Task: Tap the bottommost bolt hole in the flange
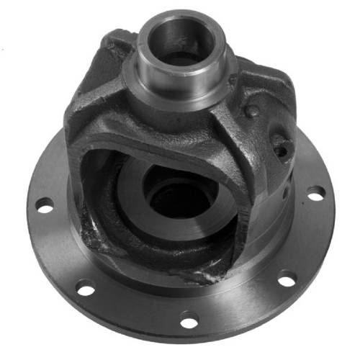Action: [191, 316]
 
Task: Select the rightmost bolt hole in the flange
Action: [315, 192]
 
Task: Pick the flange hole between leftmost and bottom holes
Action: [86, 289]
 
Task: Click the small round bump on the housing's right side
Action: [251, 112]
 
